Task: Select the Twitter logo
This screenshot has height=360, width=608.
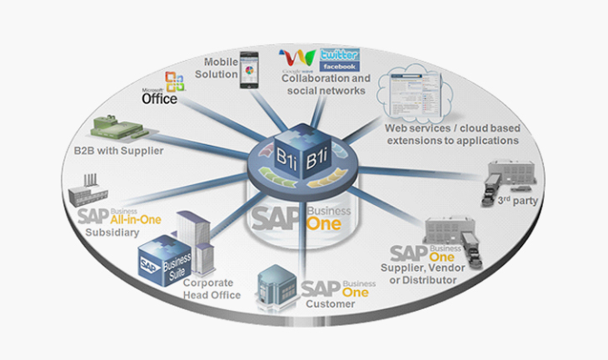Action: (x=339, y=54)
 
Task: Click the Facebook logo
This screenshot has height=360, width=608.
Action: (x=340, y=66)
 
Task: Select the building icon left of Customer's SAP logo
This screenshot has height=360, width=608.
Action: (x=277, y=287)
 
